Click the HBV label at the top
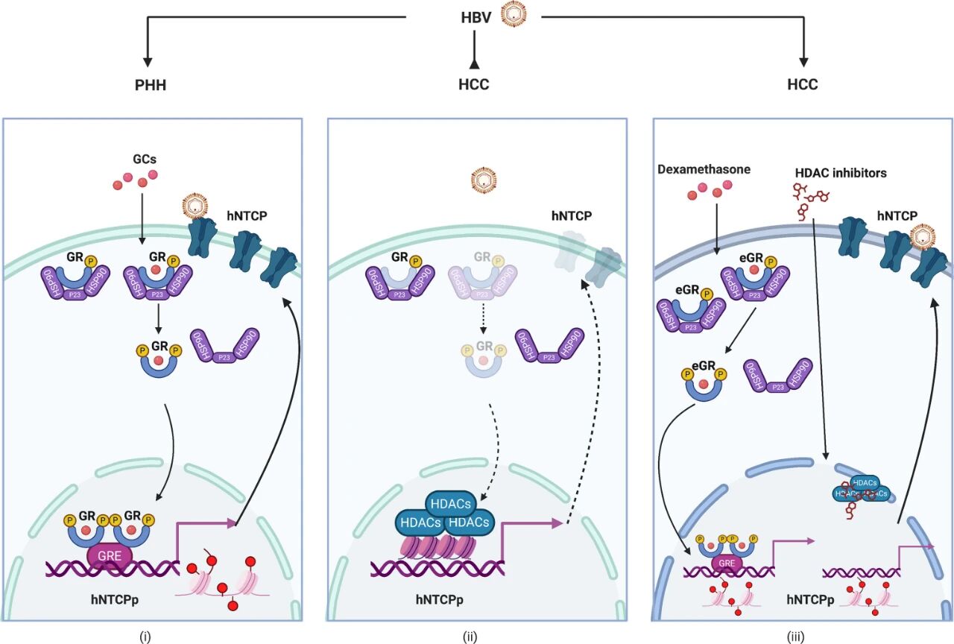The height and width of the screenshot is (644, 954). click(476, 16)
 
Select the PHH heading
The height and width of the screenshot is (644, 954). click(150, 84)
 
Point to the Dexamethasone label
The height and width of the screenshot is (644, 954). click(703, 169)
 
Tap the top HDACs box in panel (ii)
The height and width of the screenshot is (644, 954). click(449, 504)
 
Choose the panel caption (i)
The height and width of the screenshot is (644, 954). click(145, 637)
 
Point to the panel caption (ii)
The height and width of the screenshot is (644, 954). click(470, 637)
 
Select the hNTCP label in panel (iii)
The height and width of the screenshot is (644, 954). click(897, 216)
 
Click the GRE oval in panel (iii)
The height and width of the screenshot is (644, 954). click(724, 563)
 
